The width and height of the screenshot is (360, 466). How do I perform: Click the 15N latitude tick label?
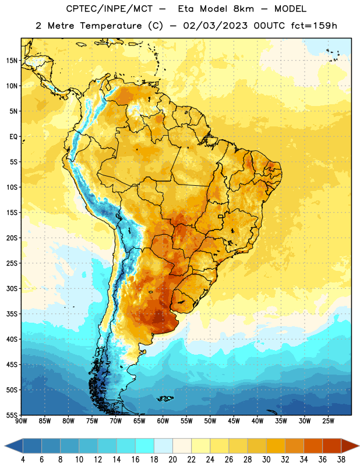click(12, 61)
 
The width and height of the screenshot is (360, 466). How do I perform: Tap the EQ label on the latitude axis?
click(13, 137)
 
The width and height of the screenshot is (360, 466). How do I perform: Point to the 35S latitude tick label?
click(12, 314)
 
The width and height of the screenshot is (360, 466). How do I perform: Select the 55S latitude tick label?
click(12, 415)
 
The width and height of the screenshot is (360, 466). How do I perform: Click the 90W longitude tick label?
click(21, 421)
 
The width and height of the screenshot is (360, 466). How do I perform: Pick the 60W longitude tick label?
click(163, 421)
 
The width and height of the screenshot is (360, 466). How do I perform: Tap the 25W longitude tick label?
click(328, 421)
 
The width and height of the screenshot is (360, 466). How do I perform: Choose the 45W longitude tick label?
click(234, 421)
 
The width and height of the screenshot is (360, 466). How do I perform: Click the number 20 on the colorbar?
click(172, 460)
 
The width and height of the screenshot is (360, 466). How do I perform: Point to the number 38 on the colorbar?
click(341, 460)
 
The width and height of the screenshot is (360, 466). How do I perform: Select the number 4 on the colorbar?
click(23, 460)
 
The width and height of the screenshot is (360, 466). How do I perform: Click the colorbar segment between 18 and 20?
click(163, 446)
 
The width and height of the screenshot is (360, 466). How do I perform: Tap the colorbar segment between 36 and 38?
click(332, 446)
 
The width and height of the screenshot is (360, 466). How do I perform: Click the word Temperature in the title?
click(111, 26)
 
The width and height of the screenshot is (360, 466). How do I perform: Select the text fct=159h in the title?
click(314, 26)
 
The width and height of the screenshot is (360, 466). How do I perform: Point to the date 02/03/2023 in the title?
click(215, 26)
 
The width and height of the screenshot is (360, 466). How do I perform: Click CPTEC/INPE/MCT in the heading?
click(109, 9)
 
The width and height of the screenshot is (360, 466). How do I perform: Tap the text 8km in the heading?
click(243, 9)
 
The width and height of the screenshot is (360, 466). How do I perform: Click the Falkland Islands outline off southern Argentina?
click(165, 398)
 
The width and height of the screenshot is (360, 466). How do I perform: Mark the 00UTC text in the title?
click(269, 26)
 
